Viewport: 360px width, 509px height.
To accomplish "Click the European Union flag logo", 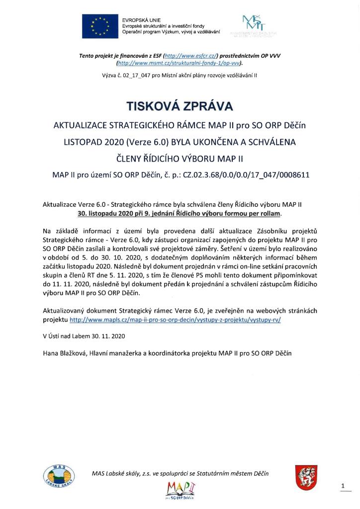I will coord(100,26).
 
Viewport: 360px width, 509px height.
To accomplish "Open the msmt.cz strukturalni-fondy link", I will coord(179,64).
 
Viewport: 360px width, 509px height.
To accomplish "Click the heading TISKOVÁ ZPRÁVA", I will coord(180,106).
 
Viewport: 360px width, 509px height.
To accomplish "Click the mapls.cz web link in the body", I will coord(175,320).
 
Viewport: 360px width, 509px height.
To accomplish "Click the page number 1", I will coord(343,485).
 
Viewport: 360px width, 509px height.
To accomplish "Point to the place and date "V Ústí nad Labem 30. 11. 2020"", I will coord(84,336).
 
